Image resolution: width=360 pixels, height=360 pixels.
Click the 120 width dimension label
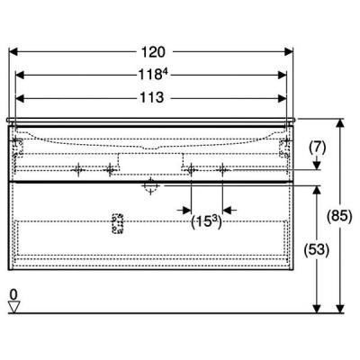153,52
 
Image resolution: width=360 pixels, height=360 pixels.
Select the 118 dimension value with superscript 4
152,75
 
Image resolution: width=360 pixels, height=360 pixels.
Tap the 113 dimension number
152,97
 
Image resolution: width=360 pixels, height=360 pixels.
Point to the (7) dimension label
317,148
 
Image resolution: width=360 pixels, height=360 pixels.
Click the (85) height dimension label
340,216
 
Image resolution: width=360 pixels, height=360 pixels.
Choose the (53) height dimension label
317,249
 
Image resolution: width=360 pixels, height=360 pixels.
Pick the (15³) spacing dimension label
206,222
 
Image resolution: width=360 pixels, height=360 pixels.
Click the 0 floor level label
13,294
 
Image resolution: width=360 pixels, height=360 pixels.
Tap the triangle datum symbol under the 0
13,307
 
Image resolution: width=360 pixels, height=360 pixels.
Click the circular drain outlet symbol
150,186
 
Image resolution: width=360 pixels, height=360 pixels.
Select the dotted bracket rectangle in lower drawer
117,223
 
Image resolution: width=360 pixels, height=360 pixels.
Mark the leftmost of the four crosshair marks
78,170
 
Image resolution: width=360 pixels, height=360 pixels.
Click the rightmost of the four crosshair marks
222,170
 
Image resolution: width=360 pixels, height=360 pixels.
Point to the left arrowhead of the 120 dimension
13,51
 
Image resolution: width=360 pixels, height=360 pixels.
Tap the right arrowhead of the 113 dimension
283,98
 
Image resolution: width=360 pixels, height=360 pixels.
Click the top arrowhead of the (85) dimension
339,123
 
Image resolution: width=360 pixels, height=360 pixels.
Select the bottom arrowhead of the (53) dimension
317,309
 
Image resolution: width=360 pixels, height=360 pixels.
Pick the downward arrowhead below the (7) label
317,166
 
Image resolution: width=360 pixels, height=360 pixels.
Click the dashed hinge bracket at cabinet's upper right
284,148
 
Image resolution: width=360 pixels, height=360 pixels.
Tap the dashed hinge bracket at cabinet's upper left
18,148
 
